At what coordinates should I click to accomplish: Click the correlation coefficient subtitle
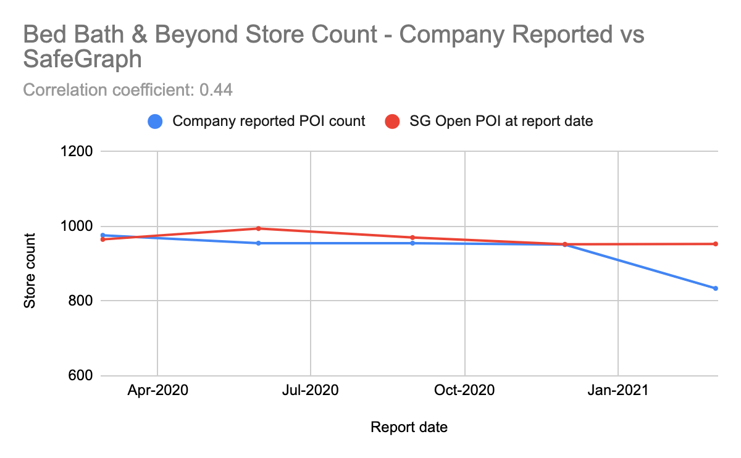pos(127,90)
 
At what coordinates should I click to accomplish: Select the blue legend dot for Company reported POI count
pos(156,122)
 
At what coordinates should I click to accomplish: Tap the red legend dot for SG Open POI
pos(392,122)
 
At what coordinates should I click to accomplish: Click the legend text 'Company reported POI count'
pos(269,122)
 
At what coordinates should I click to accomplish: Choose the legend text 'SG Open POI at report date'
pos(501,122)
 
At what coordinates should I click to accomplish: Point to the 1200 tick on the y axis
pos(75,151)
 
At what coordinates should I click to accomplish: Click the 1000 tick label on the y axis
pos(75,227)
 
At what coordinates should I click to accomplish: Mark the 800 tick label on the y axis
pos(78,301)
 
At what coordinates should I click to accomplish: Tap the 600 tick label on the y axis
pos(78,376)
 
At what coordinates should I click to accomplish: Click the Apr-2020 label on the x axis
pos(157,391)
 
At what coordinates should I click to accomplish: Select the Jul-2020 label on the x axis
pos(310,391)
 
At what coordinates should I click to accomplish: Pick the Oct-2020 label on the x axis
pos(464,391)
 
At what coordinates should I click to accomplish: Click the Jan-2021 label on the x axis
pos(618,391)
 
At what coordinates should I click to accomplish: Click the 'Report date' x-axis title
pos(409,427)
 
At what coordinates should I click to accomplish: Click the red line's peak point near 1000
pos(259,228)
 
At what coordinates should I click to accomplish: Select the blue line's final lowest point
pos(716,288)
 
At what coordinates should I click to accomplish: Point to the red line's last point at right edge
pos(716,244)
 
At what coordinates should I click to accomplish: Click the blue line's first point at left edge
pos(103,235)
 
